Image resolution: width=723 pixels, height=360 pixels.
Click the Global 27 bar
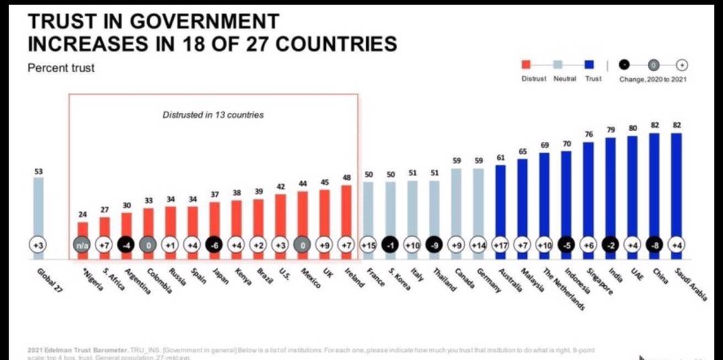pyautogui.click(x=38, y=207)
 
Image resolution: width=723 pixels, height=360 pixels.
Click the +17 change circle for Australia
pyautogui.click(x=501, y=246)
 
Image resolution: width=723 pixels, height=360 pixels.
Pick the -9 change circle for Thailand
pyautogui.click(x=434, y=246)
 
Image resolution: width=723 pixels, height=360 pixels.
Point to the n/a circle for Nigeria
pyautogui.click(x=82, y=246)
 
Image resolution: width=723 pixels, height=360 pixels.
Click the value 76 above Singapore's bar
pyautogui.click(x=588, y=134)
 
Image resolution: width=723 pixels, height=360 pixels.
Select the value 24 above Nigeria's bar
pyautogui.click(x=82, y=215)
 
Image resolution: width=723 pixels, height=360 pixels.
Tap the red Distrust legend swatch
pyautogui.click(x=526, y=65)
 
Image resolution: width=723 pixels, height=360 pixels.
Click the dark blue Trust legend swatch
pyautogui.click(x=590, y=65)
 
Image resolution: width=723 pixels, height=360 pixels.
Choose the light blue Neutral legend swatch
pyautogui.click(x=558, y=65)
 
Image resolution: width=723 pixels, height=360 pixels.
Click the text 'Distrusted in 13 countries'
pyautogui.click(x=213, y=115)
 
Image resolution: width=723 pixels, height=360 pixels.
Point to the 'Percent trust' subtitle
pyautogui.click(x=61, y=68)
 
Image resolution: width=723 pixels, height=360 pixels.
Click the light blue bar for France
pyautogui.click(x=368, y=211)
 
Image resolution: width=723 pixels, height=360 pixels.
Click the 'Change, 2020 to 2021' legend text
pyautogui.click(x=654, y=79)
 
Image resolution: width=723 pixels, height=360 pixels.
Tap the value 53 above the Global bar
pyautogui.click(x=38, y=172)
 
